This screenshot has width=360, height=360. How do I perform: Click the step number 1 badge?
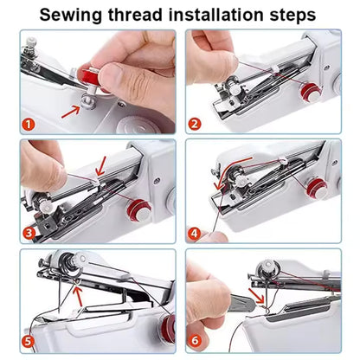(29, 124)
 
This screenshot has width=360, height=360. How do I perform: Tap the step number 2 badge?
(195, 124)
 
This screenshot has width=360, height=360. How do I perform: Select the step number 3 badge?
(29, 232)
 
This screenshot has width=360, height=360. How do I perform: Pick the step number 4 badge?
(195, 232)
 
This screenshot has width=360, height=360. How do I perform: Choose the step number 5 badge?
(29, 340)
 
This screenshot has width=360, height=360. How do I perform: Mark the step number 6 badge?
(195, 340)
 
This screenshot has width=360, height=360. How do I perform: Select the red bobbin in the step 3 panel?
(137, 208)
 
